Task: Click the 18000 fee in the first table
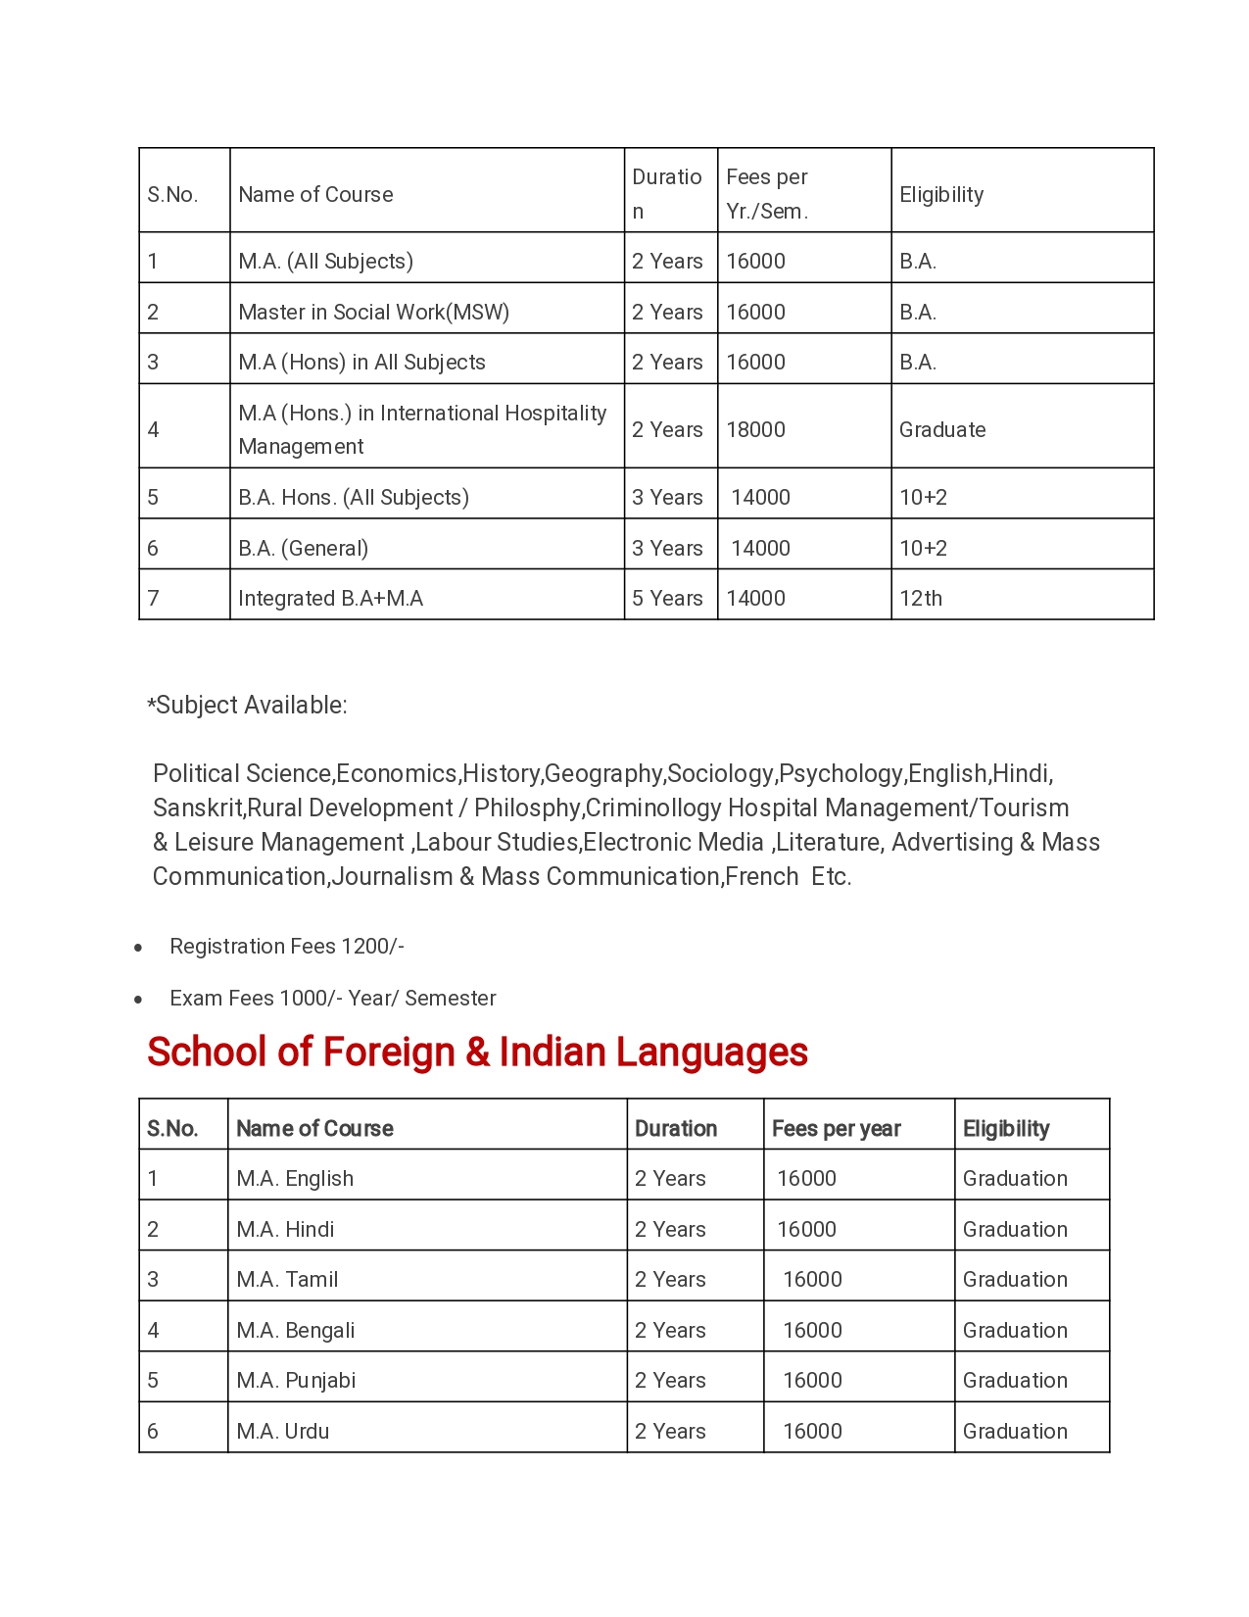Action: pyautogui.click(x=755, y=429)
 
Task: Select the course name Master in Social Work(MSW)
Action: pyautogui.click(x=373, y=312)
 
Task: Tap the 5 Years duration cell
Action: pyautogui.click(x=667, y=598)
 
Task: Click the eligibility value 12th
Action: pyautogui.click(x=921, y=598)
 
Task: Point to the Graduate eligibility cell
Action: pyautogui.click(x=942, y=429)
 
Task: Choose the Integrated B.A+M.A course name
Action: pyautogui.click(x=330, y=598)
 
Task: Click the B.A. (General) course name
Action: pyautogui.click(x=303, y=548)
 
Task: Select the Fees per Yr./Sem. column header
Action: pyautogui.click(x=767, y=194)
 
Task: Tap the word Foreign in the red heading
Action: pyautogui.click(x=389, y=1052)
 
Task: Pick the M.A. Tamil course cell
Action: pyautogui.click(x=287, y=1279)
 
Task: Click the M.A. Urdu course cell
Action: pyautogui.click(x=283, y=1431)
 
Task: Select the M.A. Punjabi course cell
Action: pyautogui.click(x=296, y=1380)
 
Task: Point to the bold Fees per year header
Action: pyautogui.click(x=836, y=1128)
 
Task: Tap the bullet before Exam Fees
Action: pyautogui.click(x=139, y=999)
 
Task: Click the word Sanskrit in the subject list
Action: pyautogui.click(x=197, y=808)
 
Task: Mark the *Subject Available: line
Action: pyautogui.click(x=247, y=705)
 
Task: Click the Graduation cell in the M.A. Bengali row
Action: pyautogui.click(x=1015, y=1330)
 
